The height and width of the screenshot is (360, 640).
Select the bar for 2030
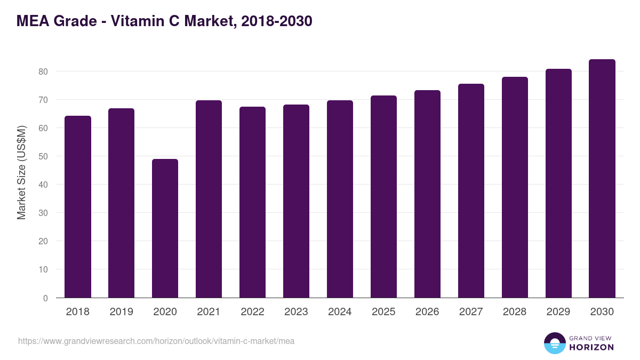[602, 179]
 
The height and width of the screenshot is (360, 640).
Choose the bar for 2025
[383, 197]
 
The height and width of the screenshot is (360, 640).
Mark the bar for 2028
[515, 187]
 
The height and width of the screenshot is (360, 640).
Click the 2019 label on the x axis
[121, 312]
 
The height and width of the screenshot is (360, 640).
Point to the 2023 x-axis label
[296, 312]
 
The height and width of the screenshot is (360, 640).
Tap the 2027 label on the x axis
[471, 312]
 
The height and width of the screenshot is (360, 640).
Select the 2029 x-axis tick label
[558, 312]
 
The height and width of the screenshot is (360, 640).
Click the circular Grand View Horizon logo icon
[554, 343]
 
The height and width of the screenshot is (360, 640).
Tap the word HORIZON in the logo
[591, 347]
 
